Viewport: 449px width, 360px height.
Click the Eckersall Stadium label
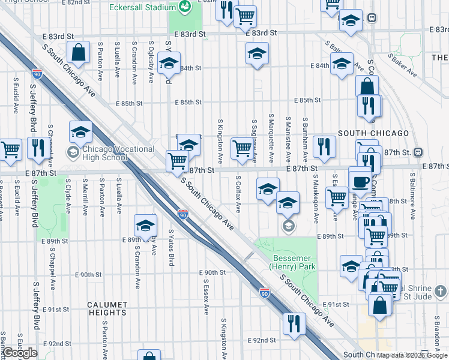(x=141, y=7)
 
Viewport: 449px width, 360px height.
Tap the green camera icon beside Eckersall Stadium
(x=185, y=7)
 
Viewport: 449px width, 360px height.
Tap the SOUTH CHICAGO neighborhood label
(x=373, y=133)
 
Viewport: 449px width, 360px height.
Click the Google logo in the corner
(x=20, y=353)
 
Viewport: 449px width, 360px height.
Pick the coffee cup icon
(x=360, y=181)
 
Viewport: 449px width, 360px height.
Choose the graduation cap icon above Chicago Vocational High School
(x=80, y=133)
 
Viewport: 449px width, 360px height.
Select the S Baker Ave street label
(x=402, y=65)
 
